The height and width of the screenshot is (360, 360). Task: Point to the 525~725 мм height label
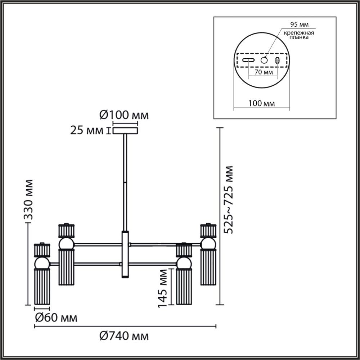pyautogui.click(x=228, y=199)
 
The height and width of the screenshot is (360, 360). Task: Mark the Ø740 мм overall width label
pyautogui.click(x=123, y=337)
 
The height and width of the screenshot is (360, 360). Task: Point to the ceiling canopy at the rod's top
pyautogui.click(x=125, y=130)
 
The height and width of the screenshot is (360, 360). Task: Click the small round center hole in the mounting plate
pyautogui.click(x=265, y=60)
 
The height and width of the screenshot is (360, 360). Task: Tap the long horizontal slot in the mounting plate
pyautogui.click(x=248, y=60)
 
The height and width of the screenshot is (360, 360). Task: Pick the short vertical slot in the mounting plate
pyautogui.click(x=278, y=60)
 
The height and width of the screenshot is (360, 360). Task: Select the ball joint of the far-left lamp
pyautogui.click(x=42, y=263)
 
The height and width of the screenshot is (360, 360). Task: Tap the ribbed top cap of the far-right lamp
pyautogui.click(x=208, y=230)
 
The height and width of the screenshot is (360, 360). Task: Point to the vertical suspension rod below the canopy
pyautogui.click(x=125, y=180)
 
